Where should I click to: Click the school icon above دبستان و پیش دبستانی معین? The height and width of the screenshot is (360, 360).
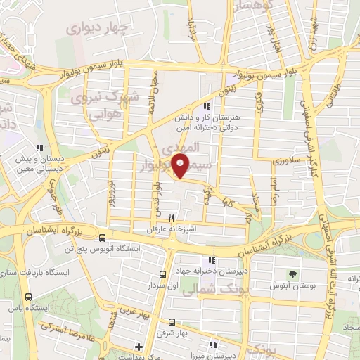(x=41, y=148)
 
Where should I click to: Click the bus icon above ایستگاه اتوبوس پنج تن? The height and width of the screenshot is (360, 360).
(x=103, y=238)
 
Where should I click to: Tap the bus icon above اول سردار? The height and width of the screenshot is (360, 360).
(x=163, y=274)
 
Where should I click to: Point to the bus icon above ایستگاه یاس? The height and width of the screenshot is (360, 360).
(x=29, y=297)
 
